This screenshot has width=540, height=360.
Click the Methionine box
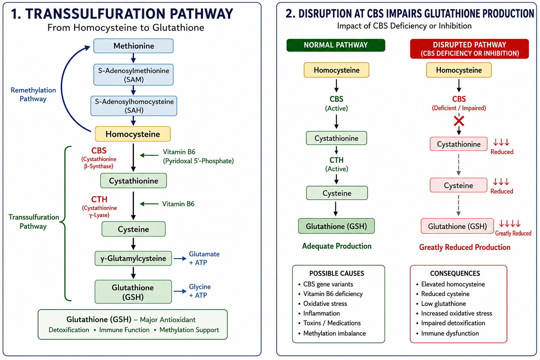click(133, 46)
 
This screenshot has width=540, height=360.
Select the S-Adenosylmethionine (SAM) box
click(133, 75)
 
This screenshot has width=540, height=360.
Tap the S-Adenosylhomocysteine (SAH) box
click(134, 106)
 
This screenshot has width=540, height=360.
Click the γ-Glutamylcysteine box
click(133, 258)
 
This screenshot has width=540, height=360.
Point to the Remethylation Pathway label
click(33, 95)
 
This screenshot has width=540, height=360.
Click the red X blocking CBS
click(459, 121)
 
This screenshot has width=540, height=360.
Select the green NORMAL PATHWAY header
click(336, 45)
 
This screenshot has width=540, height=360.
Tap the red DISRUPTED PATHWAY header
click(470, 49)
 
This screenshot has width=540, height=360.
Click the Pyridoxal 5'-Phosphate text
click(198, 161)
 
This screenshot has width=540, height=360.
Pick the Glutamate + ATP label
click(204, 258)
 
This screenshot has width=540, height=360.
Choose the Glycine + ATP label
click(200, 291)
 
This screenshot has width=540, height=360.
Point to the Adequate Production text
click(337, 246)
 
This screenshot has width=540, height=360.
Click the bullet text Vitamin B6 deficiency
click(333, 294)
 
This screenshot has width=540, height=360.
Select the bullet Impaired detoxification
click(453, 323)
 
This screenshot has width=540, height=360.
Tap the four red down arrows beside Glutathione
click(510, 224)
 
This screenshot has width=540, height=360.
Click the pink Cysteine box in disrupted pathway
click(458, 185)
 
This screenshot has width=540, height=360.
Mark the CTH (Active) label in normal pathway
click(336, 164)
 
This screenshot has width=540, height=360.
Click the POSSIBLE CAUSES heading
click(337, 273)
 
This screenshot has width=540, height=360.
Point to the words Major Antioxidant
click(168, 320)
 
